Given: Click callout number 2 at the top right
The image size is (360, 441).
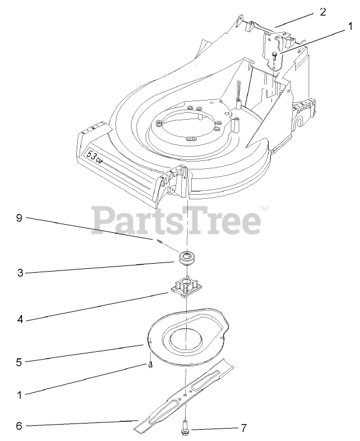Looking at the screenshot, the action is coord(323,12).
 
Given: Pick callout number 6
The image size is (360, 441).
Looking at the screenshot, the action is coord(19,426).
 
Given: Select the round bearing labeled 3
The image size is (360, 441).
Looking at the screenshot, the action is coord(186,259).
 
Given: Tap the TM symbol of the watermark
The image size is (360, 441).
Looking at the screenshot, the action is coord(263,209).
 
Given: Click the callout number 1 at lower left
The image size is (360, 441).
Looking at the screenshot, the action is coord(19,395).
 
